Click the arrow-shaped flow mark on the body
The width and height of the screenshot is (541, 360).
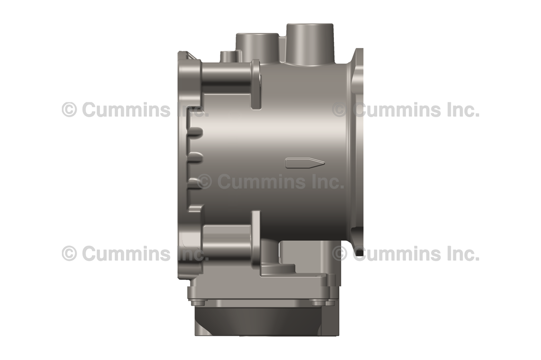click(304, 163)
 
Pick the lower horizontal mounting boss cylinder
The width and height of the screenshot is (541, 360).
click(226, 241)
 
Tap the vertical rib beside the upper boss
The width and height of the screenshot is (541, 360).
click(256, 84)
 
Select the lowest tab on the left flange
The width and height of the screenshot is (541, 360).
click(195, 208)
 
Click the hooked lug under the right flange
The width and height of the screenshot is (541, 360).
click(359, 252)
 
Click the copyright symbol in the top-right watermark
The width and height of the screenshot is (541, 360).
click(339, 110)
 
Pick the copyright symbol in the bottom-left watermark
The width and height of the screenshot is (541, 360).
click(69, 254)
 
